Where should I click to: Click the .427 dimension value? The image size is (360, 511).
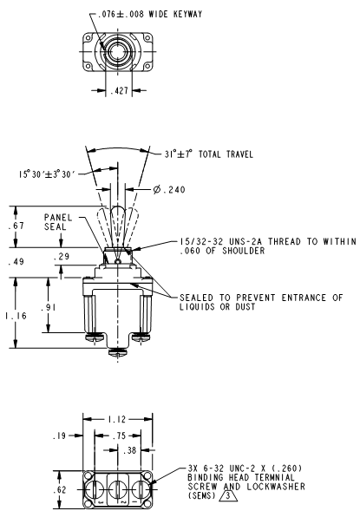[x=119, y=90]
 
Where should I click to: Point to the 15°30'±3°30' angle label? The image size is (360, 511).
[x=47, y=174]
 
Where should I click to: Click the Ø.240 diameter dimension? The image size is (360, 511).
[x=169, y=189]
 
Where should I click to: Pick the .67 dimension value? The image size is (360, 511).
[x=16, y=226]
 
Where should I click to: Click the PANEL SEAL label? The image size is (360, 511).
[x=58, y=222]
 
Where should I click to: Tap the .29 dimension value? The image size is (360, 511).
[x=62, y=257]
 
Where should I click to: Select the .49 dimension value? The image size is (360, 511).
[x=16, y=261]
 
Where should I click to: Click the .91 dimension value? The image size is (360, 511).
[x=49, y=307]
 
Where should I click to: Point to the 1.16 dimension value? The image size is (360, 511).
[x=16, y=316]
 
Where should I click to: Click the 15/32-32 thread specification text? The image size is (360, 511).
[x=267, y=246]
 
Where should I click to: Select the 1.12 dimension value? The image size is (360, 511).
[x=116, y=419]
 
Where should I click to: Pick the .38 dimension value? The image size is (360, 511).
[x=129, y=450]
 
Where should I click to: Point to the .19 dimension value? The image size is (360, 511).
[x=59, y=436]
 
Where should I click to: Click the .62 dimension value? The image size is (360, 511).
[x=60, y=490]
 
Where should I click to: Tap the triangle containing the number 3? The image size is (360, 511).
[x=228, y=496]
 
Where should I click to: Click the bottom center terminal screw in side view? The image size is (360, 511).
[x=118, y=351]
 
